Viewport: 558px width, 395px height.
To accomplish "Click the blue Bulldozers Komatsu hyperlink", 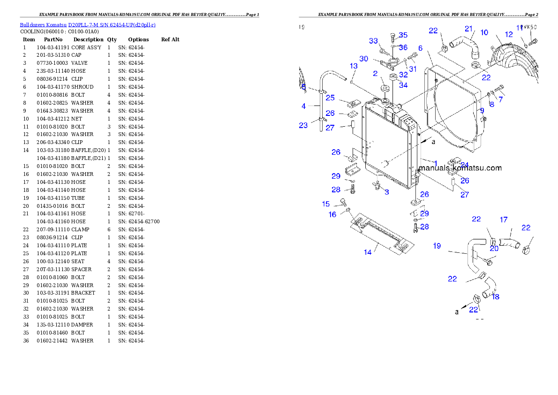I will point(88,24).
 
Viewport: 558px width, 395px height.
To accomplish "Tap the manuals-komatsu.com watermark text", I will point(460,168).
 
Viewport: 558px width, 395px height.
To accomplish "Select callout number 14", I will point(368,252).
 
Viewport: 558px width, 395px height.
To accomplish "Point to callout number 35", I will point(403,35).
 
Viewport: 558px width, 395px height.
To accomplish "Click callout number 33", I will point(373,41).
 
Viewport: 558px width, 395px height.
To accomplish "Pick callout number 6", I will point(420,48).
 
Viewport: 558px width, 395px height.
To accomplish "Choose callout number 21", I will point(468,29).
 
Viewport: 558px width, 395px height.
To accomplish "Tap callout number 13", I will point(354,66).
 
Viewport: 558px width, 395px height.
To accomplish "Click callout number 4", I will point(303,106).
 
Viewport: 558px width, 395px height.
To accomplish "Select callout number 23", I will point(303,125).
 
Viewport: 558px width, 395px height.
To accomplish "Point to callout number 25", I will point(330,98).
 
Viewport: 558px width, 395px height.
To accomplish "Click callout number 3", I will point(386,192).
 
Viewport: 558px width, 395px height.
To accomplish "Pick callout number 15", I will point(326,204).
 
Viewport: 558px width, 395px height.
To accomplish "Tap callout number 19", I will point(437,246).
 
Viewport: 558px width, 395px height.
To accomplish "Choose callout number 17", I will point(504,220).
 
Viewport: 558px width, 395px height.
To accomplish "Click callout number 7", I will point(501,99).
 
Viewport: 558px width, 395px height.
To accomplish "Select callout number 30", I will point(364,59).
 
